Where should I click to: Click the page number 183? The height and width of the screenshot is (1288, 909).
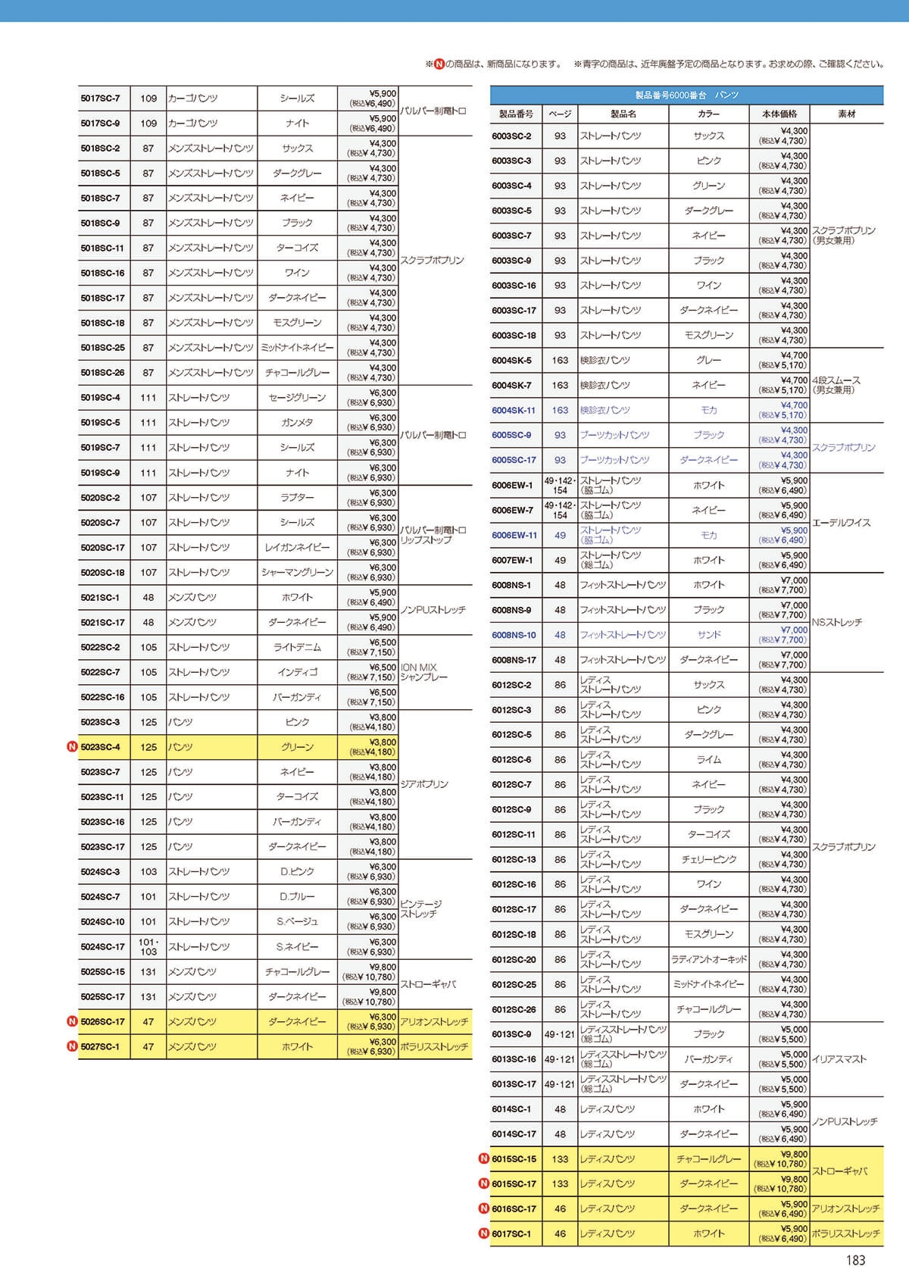coord(855,1260)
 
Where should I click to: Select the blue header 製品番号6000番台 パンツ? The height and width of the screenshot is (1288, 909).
coord(686,95)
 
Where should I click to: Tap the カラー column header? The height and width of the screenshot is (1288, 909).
coord(708,114)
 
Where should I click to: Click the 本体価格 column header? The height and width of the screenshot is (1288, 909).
coord(779,114)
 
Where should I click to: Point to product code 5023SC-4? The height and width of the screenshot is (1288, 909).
coord(101,747)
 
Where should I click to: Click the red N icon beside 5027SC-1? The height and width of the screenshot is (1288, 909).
coord(72,1046)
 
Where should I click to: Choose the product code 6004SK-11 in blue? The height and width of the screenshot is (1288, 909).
coord(514,411)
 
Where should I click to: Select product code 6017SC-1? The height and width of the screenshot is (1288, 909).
coord(511,1233)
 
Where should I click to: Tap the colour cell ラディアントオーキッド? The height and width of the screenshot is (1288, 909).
coord(708,959)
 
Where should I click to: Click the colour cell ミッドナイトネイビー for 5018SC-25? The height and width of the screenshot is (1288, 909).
coord(297,348)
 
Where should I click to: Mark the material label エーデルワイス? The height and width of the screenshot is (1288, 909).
coord(841,523)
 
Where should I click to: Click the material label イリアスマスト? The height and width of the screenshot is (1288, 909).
coord(839,1059)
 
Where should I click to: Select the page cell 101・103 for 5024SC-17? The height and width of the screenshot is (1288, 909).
coord(148,946)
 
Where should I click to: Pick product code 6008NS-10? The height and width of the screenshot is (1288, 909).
coord(514,635)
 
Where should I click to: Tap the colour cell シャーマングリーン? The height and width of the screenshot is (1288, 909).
coord(297,573)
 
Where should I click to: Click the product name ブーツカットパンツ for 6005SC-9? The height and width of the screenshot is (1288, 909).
coord(614,436)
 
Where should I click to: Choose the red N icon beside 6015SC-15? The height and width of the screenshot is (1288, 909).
coord(484,1158)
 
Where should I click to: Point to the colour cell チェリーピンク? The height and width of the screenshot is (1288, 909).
coord(708,859)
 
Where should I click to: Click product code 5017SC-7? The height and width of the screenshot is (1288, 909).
coord(101,98)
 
